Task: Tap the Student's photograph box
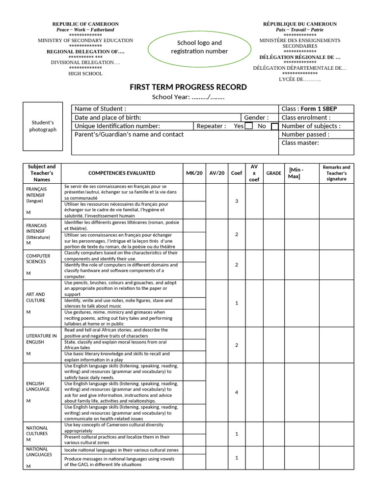pyautogui.click(x=43, y=126)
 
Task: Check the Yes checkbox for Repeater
pyautogui.click(x=249, y=126)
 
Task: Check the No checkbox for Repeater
pyautogui.click(x=274, y=126)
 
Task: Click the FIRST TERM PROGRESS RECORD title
pyautogui.click(x=188, y=87)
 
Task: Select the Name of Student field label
pyautogui.click(x=100, y=109)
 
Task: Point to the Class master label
pyautogui.click(x=300, y=143)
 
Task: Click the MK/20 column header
pyautogui.click(x=194, y=173)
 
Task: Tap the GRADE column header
pyautogui.click(x=273, y=173)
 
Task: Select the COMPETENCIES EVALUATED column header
pyautogui.click(x=122, y=173)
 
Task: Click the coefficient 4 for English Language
pyautogui.click(x=237, y=392)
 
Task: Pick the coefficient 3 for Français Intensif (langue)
pyautogui.click(x=237, y=201)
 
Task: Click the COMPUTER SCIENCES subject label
pyautogui.click(x=38, y=259)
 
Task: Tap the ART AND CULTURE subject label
pyautogui.click(x=35, y=297)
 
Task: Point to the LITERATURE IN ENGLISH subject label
pyautogui.click(x=41, y=339)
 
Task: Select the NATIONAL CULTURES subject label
pyautogui.click(x=37, y=431)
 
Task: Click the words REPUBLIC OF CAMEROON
pyautogui.click(x=85, y=24)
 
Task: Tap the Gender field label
pyautogui.click(x=256, y=117)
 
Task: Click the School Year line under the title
pyautogui.click(x=188, y=97)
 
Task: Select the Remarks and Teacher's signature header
pyautogui.click(x=336, y=173)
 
